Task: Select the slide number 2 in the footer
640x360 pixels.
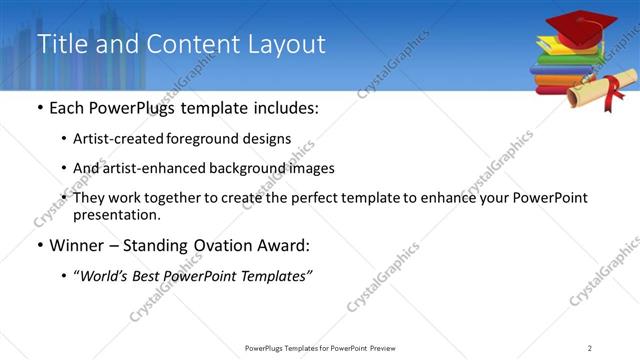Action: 590,347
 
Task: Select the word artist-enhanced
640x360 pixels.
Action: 151,168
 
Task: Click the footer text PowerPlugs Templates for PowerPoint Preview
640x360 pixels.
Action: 319,347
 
